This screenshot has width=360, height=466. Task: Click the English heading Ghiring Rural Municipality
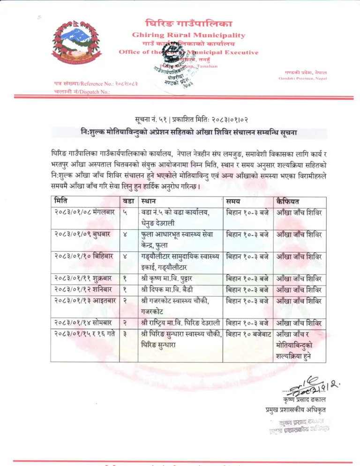[188, 35]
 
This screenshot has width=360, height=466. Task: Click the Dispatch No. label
[80, 92]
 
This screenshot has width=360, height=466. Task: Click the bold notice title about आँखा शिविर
[188, 133]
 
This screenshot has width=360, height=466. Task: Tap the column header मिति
[60, 201]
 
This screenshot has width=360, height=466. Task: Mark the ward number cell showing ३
[125, 334]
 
